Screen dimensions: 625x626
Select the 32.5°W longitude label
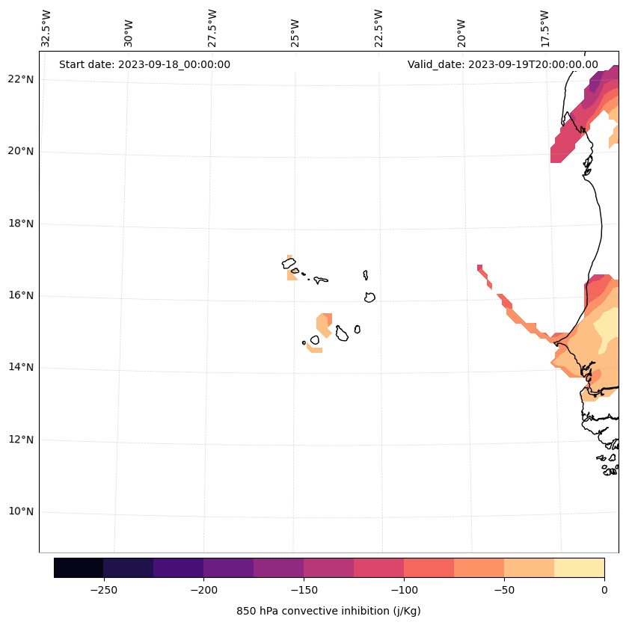tap(46, 28)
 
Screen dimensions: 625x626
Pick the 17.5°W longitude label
tap(544, 28)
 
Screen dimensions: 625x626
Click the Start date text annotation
tap(144, 64)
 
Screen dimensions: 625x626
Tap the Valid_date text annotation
tap(503, 64)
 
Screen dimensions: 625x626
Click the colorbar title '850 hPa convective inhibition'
tap(328, 611)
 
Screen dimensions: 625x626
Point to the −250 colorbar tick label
tap(103, 590)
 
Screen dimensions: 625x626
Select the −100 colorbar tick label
tap(404, 590)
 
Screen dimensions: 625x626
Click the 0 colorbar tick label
tap(604, 590)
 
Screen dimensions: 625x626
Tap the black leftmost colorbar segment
tap(79, 567)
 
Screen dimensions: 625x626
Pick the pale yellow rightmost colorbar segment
tap(579, 567)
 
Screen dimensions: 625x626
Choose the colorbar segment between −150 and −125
tap(328, 567)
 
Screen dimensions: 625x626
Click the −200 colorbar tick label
tap(203, 590)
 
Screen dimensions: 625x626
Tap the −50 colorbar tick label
tap(504, 590)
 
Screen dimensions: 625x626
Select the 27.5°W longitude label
tap(212, 28)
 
